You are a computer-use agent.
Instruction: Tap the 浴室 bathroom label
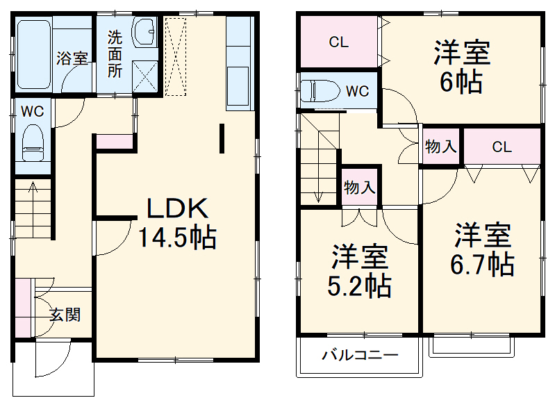click(x=72, y=58)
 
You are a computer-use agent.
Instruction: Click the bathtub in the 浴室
click(x=33, y=54)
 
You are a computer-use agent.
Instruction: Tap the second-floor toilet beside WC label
click(x=319, y=90)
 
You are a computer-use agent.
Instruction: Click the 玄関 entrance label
click(x=65, y=314)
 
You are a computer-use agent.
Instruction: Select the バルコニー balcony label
click(x=359, y=356)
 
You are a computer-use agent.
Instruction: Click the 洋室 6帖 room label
click(x=462, y=68)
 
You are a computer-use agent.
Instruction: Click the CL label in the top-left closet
click(x=338, y=42)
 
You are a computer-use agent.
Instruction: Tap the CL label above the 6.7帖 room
click(x=502, y=147)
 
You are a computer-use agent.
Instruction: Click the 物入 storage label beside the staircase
click(x=360, y=187)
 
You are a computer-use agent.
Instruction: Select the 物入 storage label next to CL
click(x=440, y=147)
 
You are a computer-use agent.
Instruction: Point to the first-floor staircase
click(x=33, y=208)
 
